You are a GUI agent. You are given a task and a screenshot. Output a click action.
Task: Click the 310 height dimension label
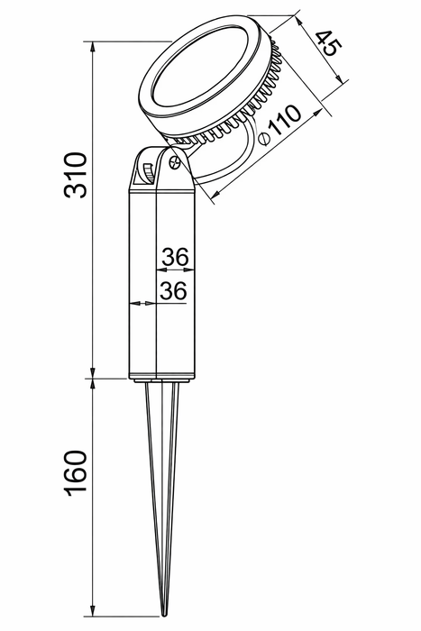[x=75, y=175]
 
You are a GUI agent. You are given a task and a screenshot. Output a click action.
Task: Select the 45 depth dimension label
[x=328, y=43]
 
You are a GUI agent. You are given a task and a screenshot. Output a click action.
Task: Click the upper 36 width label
[x=175, y=257]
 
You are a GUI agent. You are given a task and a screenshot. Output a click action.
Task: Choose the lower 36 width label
[x=173, y=290]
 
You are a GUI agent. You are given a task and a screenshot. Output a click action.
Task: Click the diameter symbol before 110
[x=264, y=139]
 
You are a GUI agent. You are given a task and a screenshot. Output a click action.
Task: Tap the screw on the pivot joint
[x=175, y=163]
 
